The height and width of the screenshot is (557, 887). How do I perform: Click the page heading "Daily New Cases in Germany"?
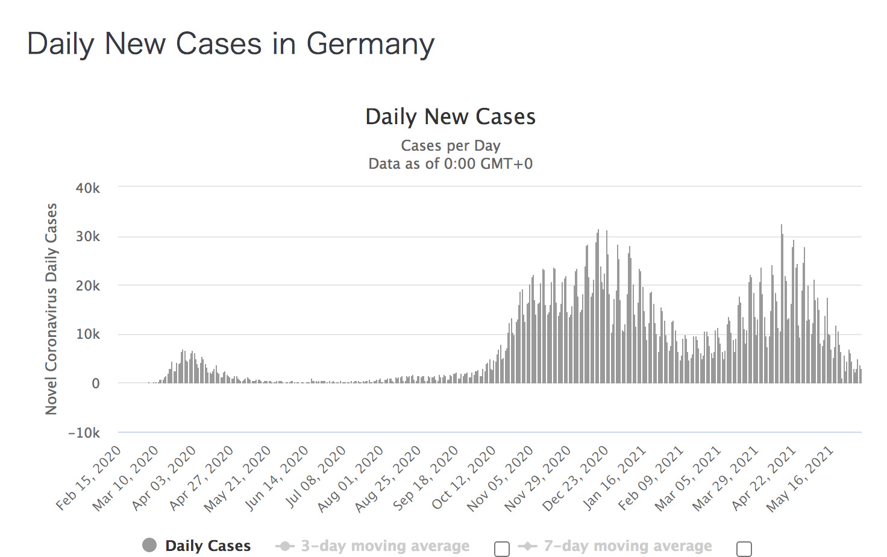(231, 45)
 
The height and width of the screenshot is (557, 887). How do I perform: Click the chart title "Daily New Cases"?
(450, 117)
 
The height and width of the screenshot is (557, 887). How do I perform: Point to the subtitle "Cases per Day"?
(450, 146)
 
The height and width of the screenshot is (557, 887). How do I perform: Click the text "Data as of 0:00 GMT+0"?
(450, 164)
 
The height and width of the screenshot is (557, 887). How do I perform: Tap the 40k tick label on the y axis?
(88, 188)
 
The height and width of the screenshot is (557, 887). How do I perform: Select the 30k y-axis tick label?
(88, 237)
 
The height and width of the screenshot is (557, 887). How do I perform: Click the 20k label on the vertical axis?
(88, 286)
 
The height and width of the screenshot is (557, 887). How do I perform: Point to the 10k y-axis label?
(88, 335)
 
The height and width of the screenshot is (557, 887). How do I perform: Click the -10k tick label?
(84, 433)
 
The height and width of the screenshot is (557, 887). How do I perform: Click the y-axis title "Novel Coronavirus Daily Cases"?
(51, 309)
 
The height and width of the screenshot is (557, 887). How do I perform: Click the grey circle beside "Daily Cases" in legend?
(149, 546)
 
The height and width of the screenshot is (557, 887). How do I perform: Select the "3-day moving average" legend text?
(385, 546)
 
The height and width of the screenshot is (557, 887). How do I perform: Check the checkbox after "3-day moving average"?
(501, 549)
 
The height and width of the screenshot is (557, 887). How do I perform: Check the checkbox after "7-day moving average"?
(744, 549)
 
